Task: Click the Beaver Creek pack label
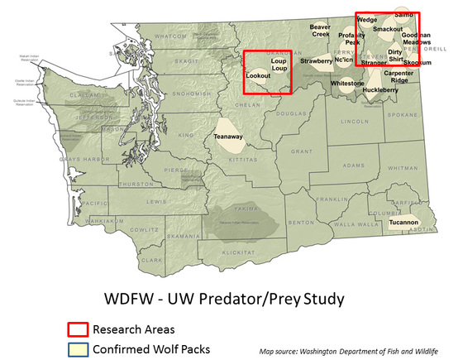320,31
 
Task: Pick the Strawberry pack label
316,60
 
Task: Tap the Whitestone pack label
347,84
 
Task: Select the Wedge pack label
368,19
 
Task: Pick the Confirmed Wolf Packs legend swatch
72,348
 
